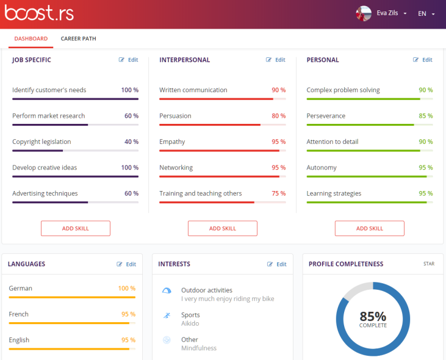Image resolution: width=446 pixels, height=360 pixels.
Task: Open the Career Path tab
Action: point(78,38)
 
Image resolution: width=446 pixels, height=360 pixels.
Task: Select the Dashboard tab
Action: point(31,38)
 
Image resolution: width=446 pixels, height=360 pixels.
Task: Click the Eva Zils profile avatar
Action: point(364,13)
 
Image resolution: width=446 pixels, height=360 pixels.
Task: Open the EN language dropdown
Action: point(426,13)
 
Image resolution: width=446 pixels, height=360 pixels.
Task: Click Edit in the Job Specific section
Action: point(129,60)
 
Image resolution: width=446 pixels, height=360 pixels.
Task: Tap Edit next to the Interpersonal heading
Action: point(276,60)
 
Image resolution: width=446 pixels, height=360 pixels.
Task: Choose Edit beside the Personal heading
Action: point(423,60)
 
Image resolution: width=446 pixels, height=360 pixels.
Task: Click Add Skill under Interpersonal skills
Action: point(223,228)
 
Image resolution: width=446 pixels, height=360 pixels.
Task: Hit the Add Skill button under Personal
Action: point(370,228)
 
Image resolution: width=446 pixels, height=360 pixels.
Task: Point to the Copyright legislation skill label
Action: point(41,142)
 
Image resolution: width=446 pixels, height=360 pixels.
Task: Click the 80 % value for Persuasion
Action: point(278,116)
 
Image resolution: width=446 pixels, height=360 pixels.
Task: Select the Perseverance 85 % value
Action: point(425,116)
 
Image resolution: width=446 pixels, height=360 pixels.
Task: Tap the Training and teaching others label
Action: point(201,193)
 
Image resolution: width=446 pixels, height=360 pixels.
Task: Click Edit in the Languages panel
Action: point(127,264)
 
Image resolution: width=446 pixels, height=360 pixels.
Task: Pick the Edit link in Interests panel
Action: point(277,264)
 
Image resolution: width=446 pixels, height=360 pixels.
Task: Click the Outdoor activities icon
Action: point(167,291)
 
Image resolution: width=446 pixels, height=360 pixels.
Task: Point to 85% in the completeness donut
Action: point(373,316)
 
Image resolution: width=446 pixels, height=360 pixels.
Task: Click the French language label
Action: point(19,314)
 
